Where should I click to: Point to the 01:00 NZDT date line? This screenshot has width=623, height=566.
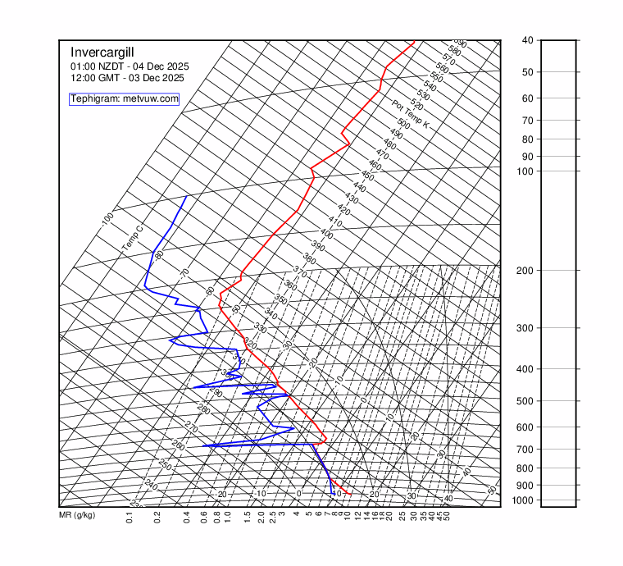click(x=129, y=66)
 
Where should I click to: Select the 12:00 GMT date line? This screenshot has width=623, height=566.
click(x=127, y=78)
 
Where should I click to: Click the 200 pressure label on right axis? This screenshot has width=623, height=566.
click(x=529, y=271)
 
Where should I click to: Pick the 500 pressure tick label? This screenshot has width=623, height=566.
click(x=529, y=401)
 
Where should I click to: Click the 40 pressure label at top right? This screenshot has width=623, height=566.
click(x=527, y=40)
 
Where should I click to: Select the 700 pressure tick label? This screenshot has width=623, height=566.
click(x=529, y=450)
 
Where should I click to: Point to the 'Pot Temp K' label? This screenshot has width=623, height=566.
click(x=411, y=114)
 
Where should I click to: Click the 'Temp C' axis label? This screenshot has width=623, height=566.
click(x=132, y=239)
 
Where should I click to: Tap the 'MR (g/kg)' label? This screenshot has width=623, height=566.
click(x=77, y=515)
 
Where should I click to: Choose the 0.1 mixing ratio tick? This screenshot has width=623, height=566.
click(x=130, y=517)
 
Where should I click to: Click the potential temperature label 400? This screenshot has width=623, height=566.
click(x=326, y=234)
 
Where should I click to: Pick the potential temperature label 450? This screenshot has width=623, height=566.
click(x=367, y=176)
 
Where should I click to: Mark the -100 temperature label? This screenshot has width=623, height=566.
click(x=107, y=219)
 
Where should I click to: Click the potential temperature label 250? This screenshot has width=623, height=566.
click(x=165, y=465)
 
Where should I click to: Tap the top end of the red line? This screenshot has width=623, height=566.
click(x=414, y=41)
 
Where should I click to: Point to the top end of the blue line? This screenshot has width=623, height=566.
click(x=186, y=197)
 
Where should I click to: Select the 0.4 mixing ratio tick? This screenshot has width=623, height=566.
click(x=187, y=517)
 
